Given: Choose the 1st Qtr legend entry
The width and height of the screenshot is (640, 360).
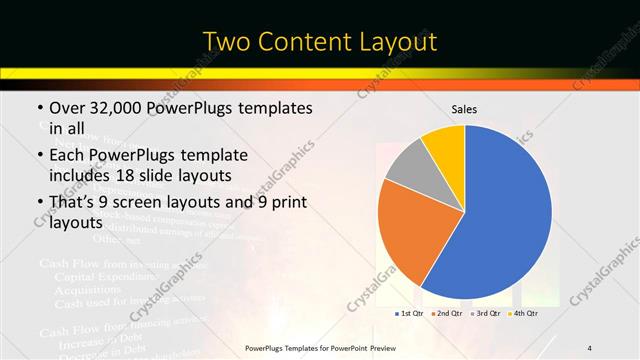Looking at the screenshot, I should (410, 313).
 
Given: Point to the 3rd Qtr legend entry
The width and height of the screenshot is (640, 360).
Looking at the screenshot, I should (487, 313).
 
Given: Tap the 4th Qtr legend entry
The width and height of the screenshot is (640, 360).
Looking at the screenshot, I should (525, 313).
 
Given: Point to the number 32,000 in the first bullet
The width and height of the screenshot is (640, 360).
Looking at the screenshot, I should (117, 107).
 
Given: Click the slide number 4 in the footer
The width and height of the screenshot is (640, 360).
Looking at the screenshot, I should (590, 348).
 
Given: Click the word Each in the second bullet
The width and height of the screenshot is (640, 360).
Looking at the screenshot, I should (68, 156).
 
